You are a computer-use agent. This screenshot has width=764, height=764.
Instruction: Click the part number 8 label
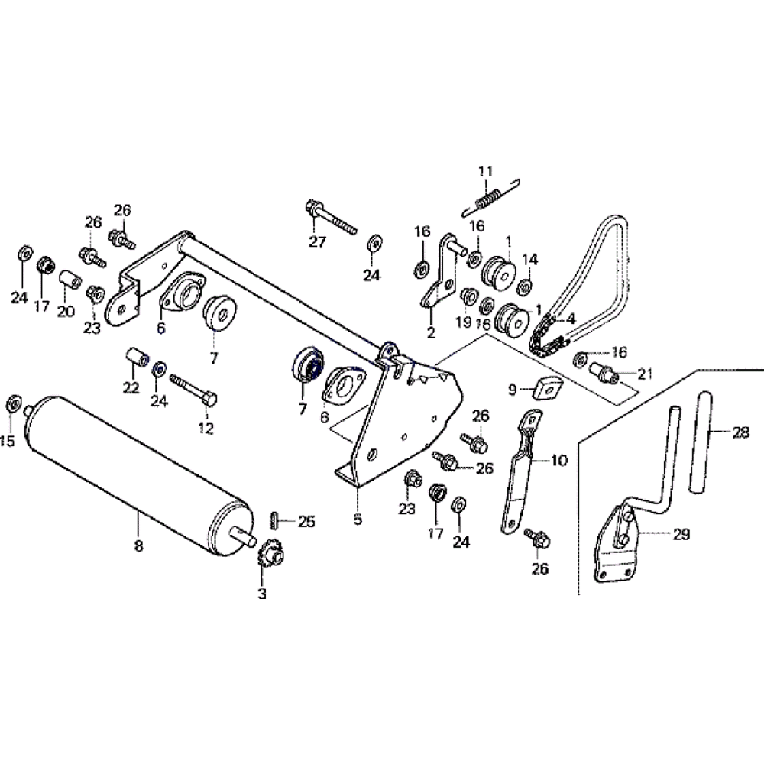coord(138,546)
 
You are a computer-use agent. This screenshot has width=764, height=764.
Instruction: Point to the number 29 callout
coord(680,535)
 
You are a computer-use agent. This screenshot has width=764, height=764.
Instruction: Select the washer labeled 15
coord(13,403)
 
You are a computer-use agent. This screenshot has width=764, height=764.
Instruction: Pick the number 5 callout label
coord(358,521)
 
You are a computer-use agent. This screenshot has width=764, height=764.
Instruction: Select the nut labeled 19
coord(467,294)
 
